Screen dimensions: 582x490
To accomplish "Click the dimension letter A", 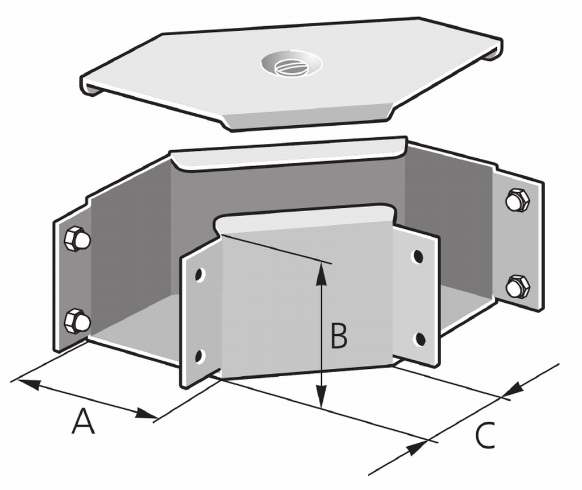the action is pos(83,421).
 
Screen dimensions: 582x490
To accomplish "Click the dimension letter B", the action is pos(339,336).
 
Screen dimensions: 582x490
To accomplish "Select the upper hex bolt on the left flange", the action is pos(77,238).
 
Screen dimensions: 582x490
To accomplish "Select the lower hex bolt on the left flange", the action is pos(77,321).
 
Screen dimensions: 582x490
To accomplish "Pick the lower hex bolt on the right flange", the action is pos(517,287).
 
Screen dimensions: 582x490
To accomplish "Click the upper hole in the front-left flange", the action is pos(199,275).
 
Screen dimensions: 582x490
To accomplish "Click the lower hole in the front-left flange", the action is pos(199,356).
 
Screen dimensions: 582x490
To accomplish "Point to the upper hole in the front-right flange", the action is pos(419,256).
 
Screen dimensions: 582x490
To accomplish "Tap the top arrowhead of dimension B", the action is pos(322,274).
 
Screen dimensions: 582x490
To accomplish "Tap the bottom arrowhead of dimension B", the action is pos(322,396).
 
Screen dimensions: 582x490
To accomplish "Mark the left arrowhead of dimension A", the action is pos(28,384).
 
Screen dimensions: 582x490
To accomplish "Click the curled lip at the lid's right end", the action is pos(494,50).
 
